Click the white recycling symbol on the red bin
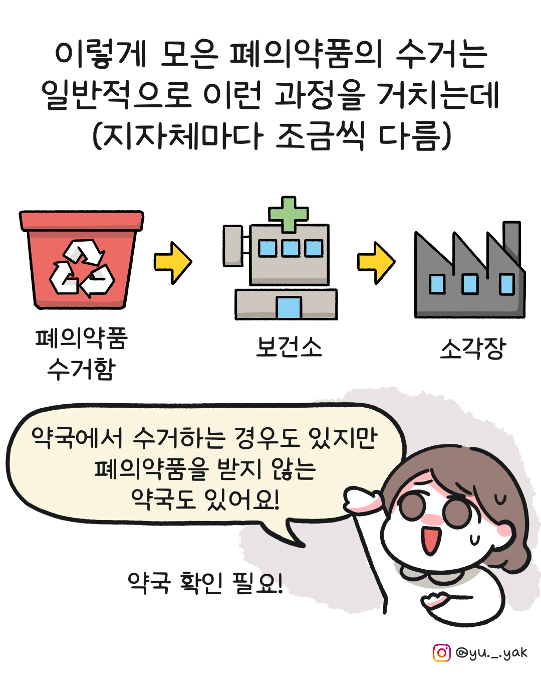[x=82, y=268]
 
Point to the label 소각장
[x=473, y=349]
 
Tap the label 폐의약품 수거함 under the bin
[x=82, y=354]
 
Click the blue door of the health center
[x=289, y=307]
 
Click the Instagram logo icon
[x=442, y=652]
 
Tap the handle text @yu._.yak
[x=491, y=652]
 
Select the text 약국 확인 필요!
[x=205, y=583]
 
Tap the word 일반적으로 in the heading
[x=116, y=95]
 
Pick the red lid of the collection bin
[x=82, y=220]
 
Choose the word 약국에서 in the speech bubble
[x=77, y=438]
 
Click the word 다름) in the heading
[x=415, y=135]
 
